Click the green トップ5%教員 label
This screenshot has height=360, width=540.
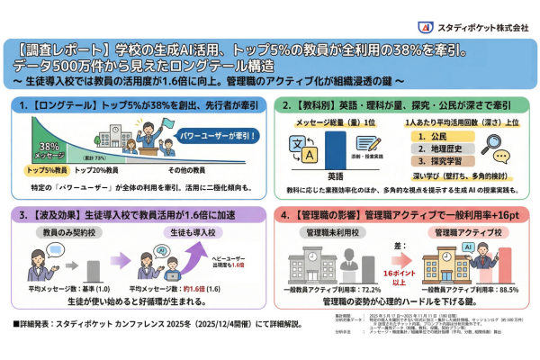[49, 169]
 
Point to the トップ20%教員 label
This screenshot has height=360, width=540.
[97, 169]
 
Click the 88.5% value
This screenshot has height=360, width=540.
[485, 290]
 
